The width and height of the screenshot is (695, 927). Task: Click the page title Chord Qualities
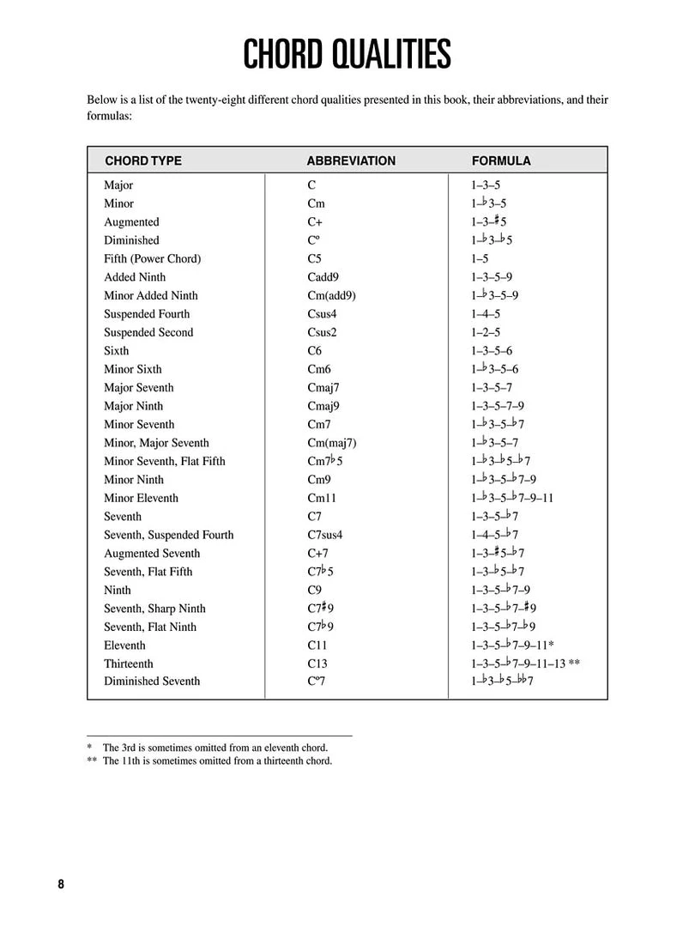click(x=347, y=54)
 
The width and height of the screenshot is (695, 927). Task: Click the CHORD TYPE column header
click(x=143, y=161)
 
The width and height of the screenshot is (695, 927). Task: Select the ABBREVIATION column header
click(x=351, y=161)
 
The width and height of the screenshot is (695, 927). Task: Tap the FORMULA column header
click(x=501, y=161)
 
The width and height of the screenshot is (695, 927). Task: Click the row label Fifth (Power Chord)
click(x=152, y=258)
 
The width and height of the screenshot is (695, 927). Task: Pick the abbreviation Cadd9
click(x=322, y=277)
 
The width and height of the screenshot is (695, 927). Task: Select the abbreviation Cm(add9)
click(x=330, y=295)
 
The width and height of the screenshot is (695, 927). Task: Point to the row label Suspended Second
click(x=148, y=332)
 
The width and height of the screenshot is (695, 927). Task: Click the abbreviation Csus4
click(x=322, y=314)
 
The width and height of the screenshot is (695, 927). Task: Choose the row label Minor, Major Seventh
click(x=156, y=443)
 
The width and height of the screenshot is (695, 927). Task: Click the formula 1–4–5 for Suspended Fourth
click(x=486, y=314)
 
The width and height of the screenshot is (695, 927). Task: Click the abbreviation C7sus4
click(x=324, y=535)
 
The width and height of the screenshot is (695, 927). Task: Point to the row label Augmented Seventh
click(x=152, y=554)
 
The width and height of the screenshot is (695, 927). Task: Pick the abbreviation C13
click(x=317, y=663)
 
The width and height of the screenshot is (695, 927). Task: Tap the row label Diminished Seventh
click(x=152, y=682)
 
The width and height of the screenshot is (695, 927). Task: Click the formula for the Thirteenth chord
click(x=526, y=663)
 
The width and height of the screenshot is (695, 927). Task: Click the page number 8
click(x=61, y=886)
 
